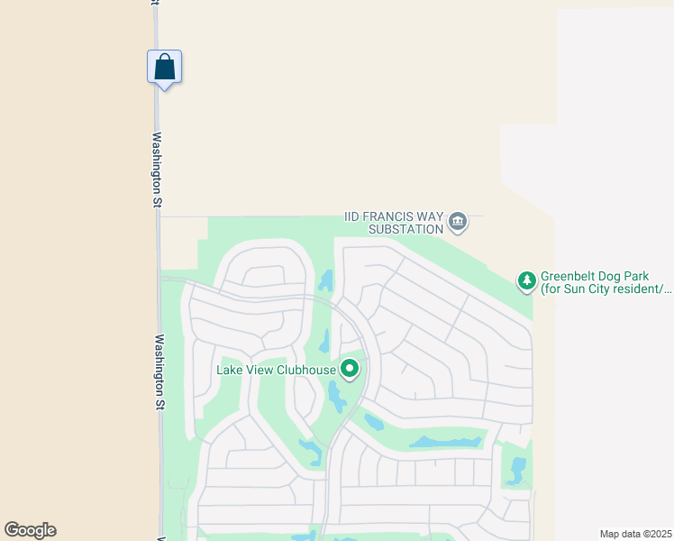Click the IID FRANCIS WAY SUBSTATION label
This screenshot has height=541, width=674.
(395, 223)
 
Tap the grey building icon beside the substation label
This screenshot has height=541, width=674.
(458, 222)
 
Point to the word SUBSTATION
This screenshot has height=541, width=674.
(406, 229)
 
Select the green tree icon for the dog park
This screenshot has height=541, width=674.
(527, 281)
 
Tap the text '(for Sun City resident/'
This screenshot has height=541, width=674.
(606, 289)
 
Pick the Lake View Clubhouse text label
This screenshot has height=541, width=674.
(276, 369)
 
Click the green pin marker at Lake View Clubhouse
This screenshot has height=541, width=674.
(350, 369)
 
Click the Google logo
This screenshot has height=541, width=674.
(30, 530)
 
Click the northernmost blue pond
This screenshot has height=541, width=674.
(326, 280)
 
